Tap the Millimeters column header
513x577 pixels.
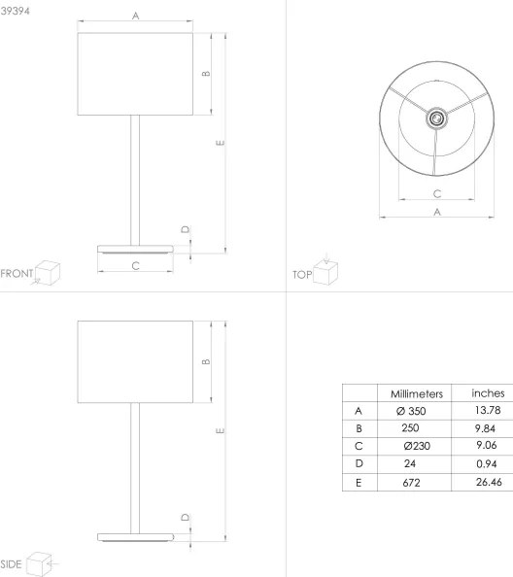coord(417,394)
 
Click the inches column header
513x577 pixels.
coord(487,393)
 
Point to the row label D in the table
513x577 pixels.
coord(359,463)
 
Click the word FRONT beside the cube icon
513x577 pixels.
coord(17,273)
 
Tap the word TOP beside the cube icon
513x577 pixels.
coord(301,275)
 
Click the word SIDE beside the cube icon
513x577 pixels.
coord(12,563)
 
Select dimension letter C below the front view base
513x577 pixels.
coord(135,264)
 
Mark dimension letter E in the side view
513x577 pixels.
coord(221,430)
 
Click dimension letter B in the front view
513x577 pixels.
coord(205,74)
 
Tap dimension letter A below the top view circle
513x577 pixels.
coord(437,211)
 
